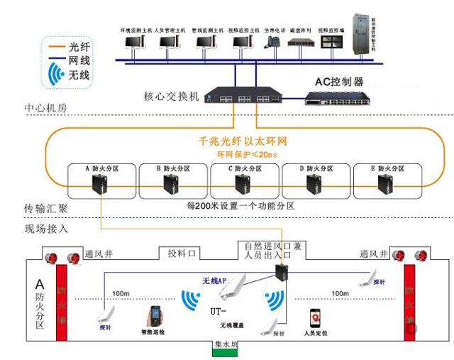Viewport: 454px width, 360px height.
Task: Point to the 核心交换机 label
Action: (x=172, y=97)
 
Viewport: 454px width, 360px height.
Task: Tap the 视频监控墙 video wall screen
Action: (x=332, y=42)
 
